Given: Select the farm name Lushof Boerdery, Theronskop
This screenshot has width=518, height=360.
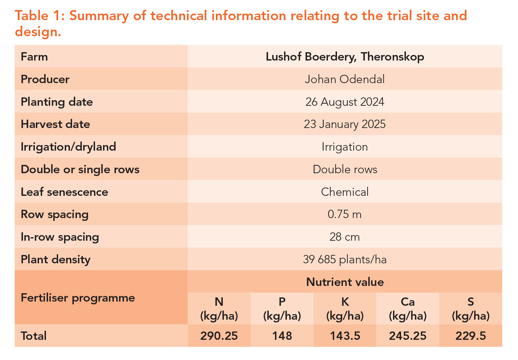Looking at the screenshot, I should (x=345, y=57).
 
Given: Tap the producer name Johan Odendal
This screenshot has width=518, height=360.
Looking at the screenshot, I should (x=345, y=79).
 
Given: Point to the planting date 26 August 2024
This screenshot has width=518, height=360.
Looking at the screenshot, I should (x=345, y=102).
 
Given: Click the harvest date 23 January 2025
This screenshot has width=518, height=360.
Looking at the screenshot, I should (x=345, y=124).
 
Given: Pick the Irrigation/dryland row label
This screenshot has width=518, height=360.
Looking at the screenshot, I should (x=68, y=147).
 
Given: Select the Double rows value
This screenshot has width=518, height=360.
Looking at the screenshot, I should (x=345, y=169).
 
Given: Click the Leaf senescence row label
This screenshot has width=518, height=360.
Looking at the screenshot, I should (x=64, y=192).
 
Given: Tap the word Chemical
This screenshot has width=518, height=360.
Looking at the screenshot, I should (x=345, y=192).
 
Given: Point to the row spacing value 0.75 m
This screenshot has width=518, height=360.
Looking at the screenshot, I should (x=345, y=214).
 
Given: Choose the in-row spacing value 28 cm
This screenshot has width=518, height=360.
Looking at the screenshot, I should (x=345, y=237).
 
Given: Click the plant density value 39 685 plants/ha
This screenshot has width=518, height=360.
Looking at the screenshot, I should (x=345, y=259).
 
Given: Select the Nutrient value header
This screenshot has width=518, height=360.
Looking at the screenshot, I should (x=345, y=282).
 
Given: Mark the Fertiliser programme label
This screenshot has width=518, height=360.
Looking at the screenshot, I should (x=78, y=298).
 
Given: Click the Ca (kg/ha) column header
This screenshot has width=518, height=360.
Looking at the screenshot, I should (x=408, y=309).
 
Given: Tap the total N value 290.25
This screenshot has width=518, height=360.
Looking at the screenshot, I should (x=219, y=336).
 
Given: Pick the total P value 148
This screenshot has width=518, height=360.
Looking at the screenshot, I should (x=282, y=336).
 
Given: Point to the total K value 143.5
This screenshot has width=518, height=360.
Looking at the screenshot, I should (x=345, y=336).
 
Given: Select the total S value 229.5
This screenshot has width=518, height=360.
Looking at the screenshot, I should (x=471, y=336).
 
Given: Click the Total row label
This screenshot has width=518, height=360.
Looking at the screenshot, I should (x=33, y=336).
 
